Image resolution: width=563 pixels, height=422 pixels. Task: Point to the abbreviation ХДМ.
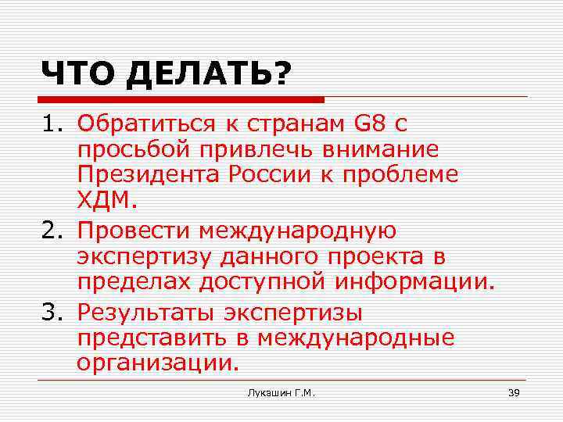(107, 203)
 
